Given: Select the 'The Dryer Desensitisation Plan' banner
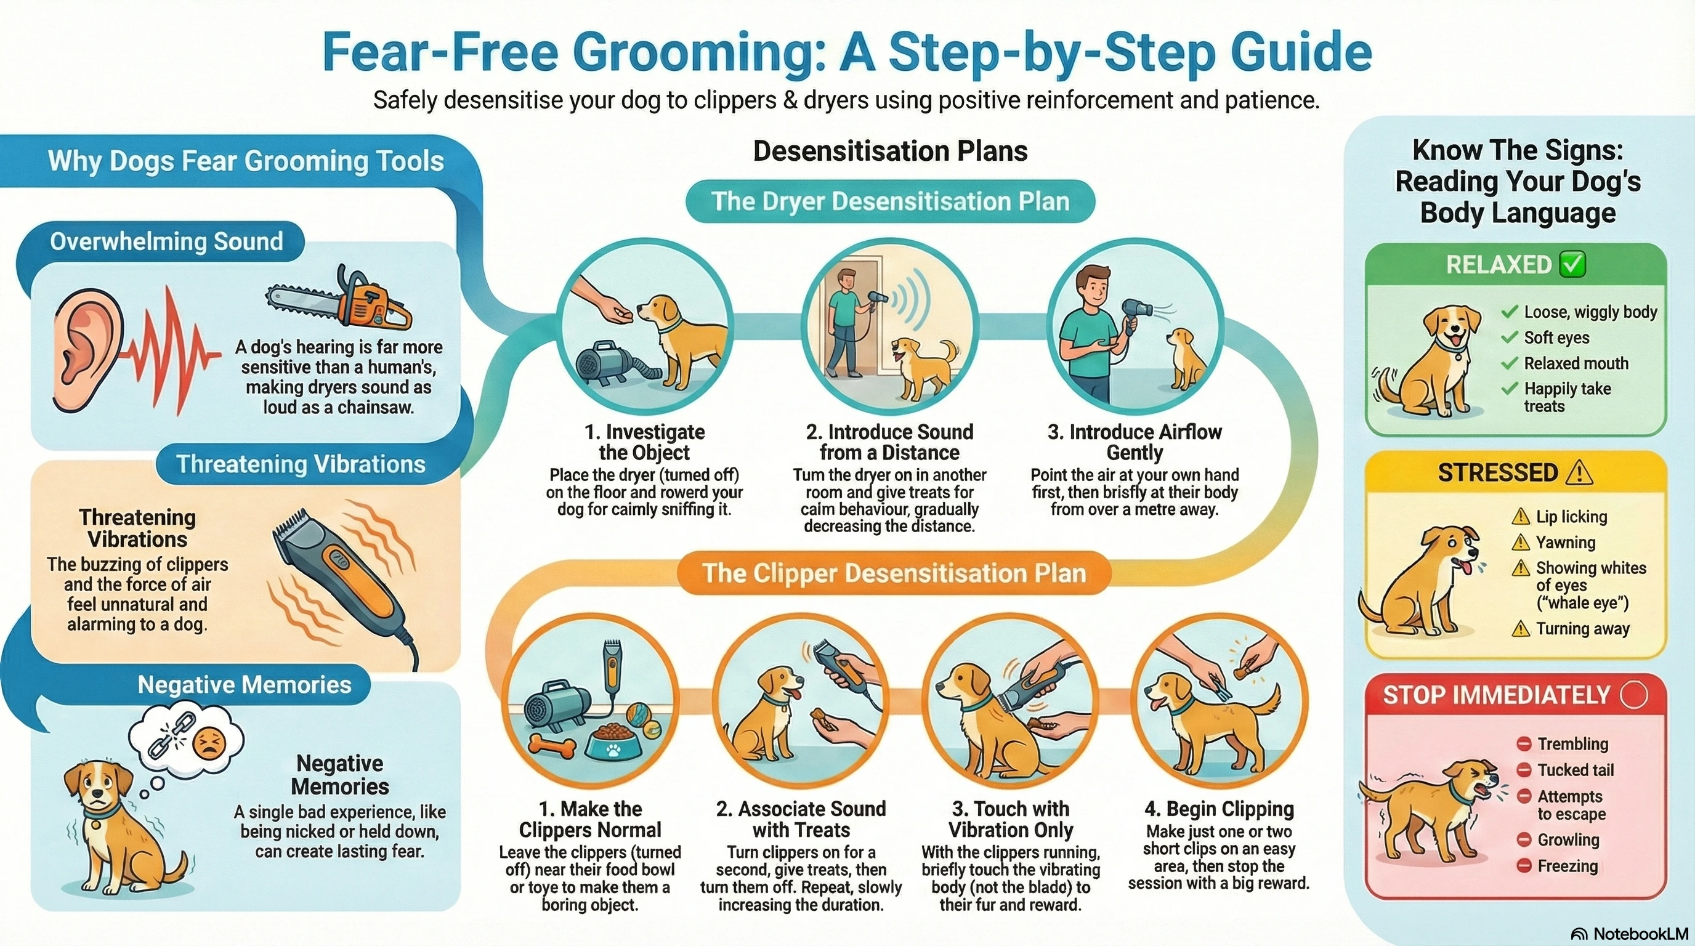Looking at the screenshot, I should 889,201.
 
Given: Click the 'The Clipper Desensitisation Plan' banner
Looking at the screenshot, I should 894,573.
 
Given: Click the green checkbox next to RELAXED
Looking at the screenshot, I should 1573,264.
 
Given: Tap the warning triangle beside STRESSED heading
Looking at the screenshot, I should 1580,472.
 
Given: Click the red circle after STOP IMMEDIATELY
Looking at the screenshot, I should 1635,695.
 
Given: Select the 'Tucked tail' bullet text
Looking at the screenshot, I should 1576,770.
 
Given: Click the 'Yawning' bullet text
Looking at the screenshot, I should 1566,542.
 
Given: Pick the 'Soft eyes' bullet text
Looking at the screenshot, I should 1556,338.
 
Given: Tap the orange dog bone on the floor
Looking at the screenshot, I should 551,746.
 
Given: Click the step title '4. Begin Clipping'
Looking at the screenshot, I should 1219,809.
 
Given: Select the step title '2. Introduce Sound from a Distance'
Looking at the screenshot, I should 889,442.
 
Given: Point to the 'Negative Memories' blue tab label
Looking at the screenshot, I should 244,685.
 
